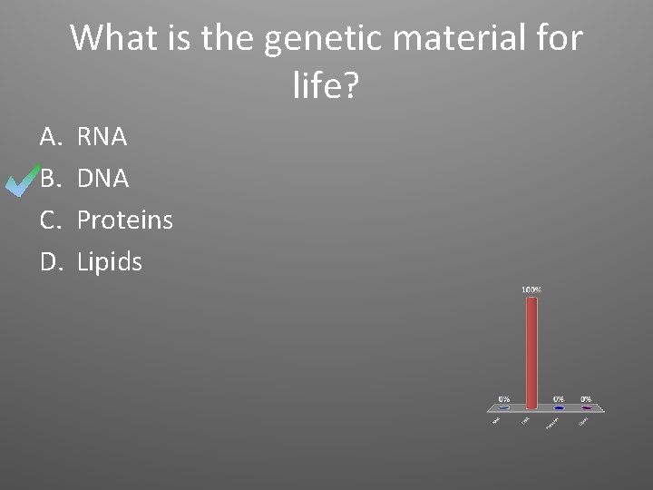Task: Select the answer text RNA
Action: pos(102,138)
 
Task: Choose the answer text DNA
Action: pos(102,180)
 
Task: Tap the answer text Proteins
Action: pos(124,220)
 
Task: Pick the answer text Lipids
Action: pos(109,262)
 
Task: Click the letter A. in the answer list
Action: pos(49,138)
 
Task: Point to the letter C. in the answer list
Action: pos(49,220)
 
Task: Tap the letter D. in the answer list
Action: pos(50,262)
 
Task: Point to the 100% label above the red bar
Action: pos(531,289)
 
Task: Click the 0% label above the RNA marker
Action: pos(504,398)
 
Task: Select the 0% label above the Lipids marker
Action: pos(586,398)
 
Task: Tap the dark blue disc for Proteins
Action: pos(559,408)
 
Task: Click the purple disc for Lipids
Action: pos(586,408)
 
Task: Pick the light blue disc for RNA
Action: pos(504,408)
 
